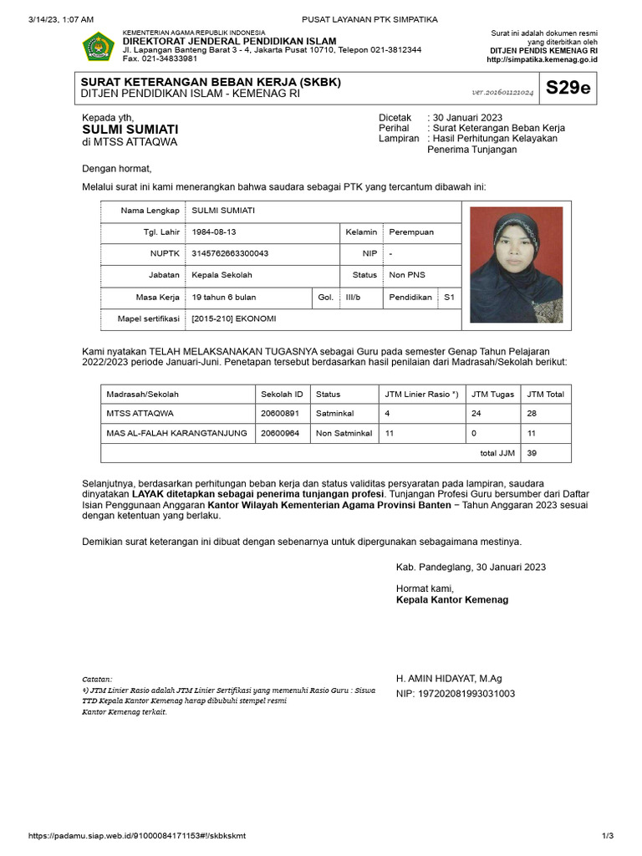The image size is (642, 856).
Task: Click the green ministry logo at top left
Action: (x=99, y=47)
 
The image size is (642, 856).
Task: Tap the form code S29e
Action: (x=568, y=89)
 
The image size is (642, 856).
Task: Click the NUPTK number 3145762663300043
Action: (x=230, y=253)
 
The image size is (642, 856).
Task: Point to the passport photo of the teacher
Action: (x=516, y=264)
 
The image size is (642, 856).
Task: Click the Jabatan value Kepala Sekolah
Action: (x=222, y=275)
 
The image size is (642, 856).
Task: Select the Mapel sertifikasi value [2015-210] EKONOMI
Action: (x=234, y=318)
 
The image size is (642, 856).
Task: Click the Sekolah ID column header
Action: (x=282, y=394)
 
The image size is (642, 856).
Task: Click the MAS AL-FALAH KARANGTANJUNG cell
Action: (x=176, y=433)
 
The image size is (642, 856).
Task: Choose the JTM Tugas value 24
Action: (x=476, y=413)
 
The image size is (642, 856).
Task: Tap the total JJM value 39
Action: (x=532, y=453)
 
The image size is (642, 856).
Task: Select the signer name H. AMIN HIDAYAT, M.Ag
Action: (x=449, y=679)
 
